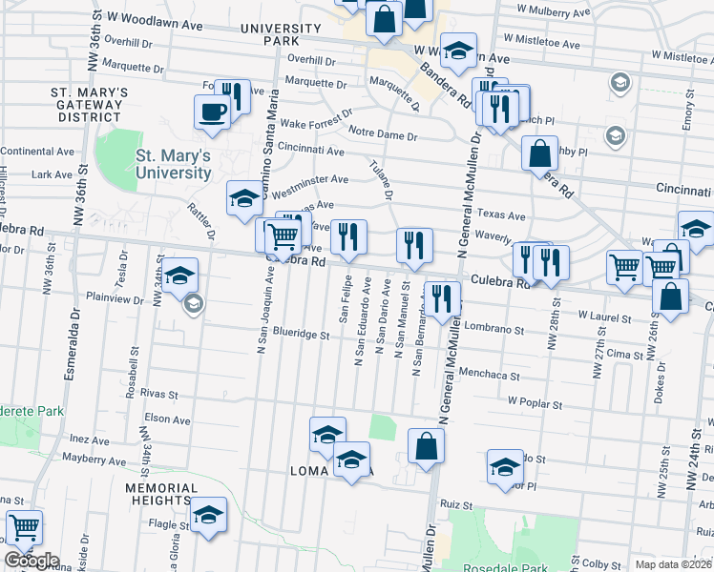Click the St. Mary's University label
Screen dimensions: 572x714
tap(173, 164)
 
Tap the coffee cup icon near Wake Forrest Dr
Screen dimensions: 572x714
tap(212, 112)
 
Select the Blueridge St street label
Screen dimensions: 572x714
tap(301, 336)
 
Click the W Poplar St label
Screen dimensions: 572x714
tap(535, 403)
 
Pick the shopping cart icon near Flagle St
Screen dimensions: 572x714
tap(24, 526)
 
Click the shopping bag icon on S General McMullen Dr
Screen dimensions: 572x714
tap(426, 444)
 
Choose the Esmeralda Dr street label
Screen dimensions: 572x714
tap(71, 344)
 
